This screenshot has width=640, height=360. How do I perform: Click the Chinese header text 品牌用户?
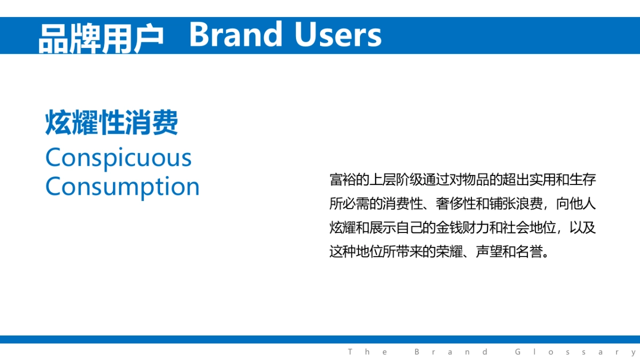coord(101,36)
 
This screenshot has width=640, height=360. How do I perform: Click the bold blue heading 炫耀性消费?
coord(112,123)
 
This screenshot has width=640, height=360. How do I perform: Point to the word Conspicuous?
coord(118,158)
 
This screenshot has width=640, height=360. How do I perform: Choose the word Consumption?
coord(123,187)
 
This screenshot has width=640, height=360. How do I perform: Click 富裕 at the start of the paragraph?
coord(343,180)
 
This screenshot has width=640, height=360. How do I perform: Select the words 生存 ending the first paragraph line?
coord(583,180)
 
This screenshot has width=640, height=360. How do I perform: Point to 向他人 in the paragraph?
coord(576,204)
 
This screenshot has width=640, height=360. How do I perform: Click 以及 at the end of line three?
coord(583,228)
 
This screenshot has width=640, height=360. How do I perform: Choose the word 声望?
coord(489,252)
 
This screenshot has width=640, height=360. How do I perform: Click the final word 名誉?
coord(529,252)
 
